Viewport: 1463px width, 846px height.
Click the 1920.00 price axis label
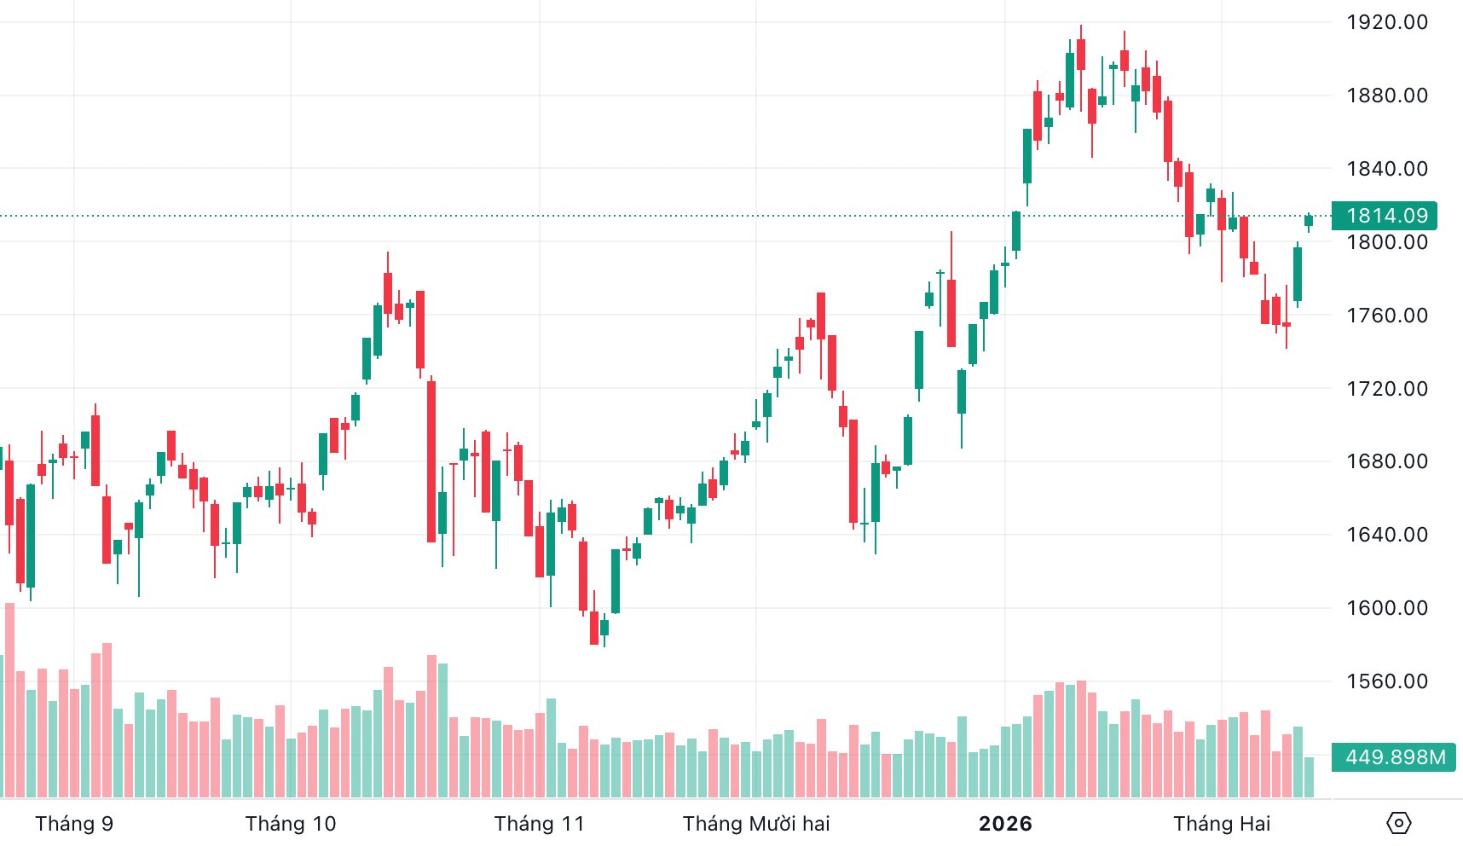pyautogui.click(x=1386, y=22)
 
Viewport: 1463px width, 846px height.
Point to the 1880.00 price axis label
pyautogui.click(x=1386, y=96)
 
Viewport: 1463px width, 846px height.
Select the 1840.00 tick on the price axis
pyautogui.click(x=1386, y=169)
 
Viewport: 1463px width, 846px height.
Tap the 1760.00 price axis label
pyautogui.click(x=1386, y=316)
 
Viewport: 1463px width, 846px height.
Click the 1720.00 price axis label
pyautogui.click(x=1386, y=389)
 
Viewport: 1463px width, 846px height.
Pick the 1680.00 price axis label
pyautogui.click(x=1386, y=461)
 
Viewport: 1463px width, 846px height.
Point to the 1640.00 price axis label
pyautogui.click(x=1386, y=535)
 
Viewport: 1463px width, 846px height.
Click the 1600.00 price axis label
pyautogui.click(x=1386, y=608)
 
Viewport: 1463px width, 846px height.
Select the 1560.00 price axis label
pyautogui.click(x=1386, y=681)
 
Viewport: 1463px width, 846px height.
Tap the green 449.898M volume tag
pyautogui.click(x=1394, y=757)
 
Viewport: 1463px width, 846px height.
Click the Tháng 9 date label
pyautogui.click(x=74, y=824)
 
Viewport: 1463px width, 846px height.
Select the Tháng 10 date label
pyautogui.click(x=291, y=824)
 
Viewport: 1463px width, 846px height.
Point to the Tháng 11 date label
pyautogui.click(x=540, y=824)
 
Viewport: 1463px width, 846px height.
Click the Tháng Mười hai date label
pyautogui.click(x=756, y=824)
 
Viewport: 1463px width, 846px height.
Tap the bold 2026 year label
pyautogui.click(x=1005, y=824)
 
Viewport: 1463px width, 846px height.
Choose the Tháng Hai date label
pyautogui.click(x=1222, y=824)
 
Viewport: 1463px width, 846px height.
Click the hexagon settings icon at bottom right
pyautogui.click(x=1399, y=823)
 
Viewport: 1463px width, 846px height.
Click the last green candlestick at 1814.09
pyautogui.click(x=1309, y=221)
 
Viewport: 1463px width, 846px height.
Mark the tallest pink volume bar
pyautogui.click(x=10, y=699)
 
